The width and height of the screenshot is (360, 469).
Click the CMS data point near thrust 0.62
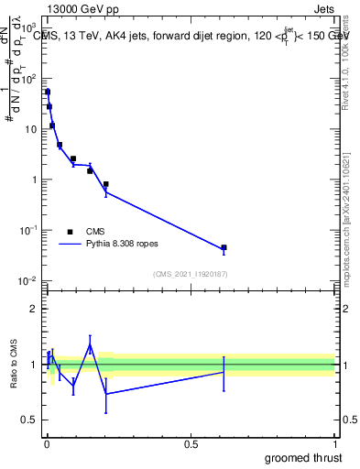[224, 247]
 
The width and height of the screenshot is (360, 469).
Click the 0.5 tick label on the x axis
[191, 444]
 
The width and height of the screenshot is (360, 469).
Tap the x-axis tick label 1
[335, 444]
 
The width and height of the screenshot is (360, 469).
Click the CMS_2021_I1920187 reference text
[190, 274]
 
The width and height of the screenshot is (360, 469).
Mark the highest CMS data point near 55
[48, 92]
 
